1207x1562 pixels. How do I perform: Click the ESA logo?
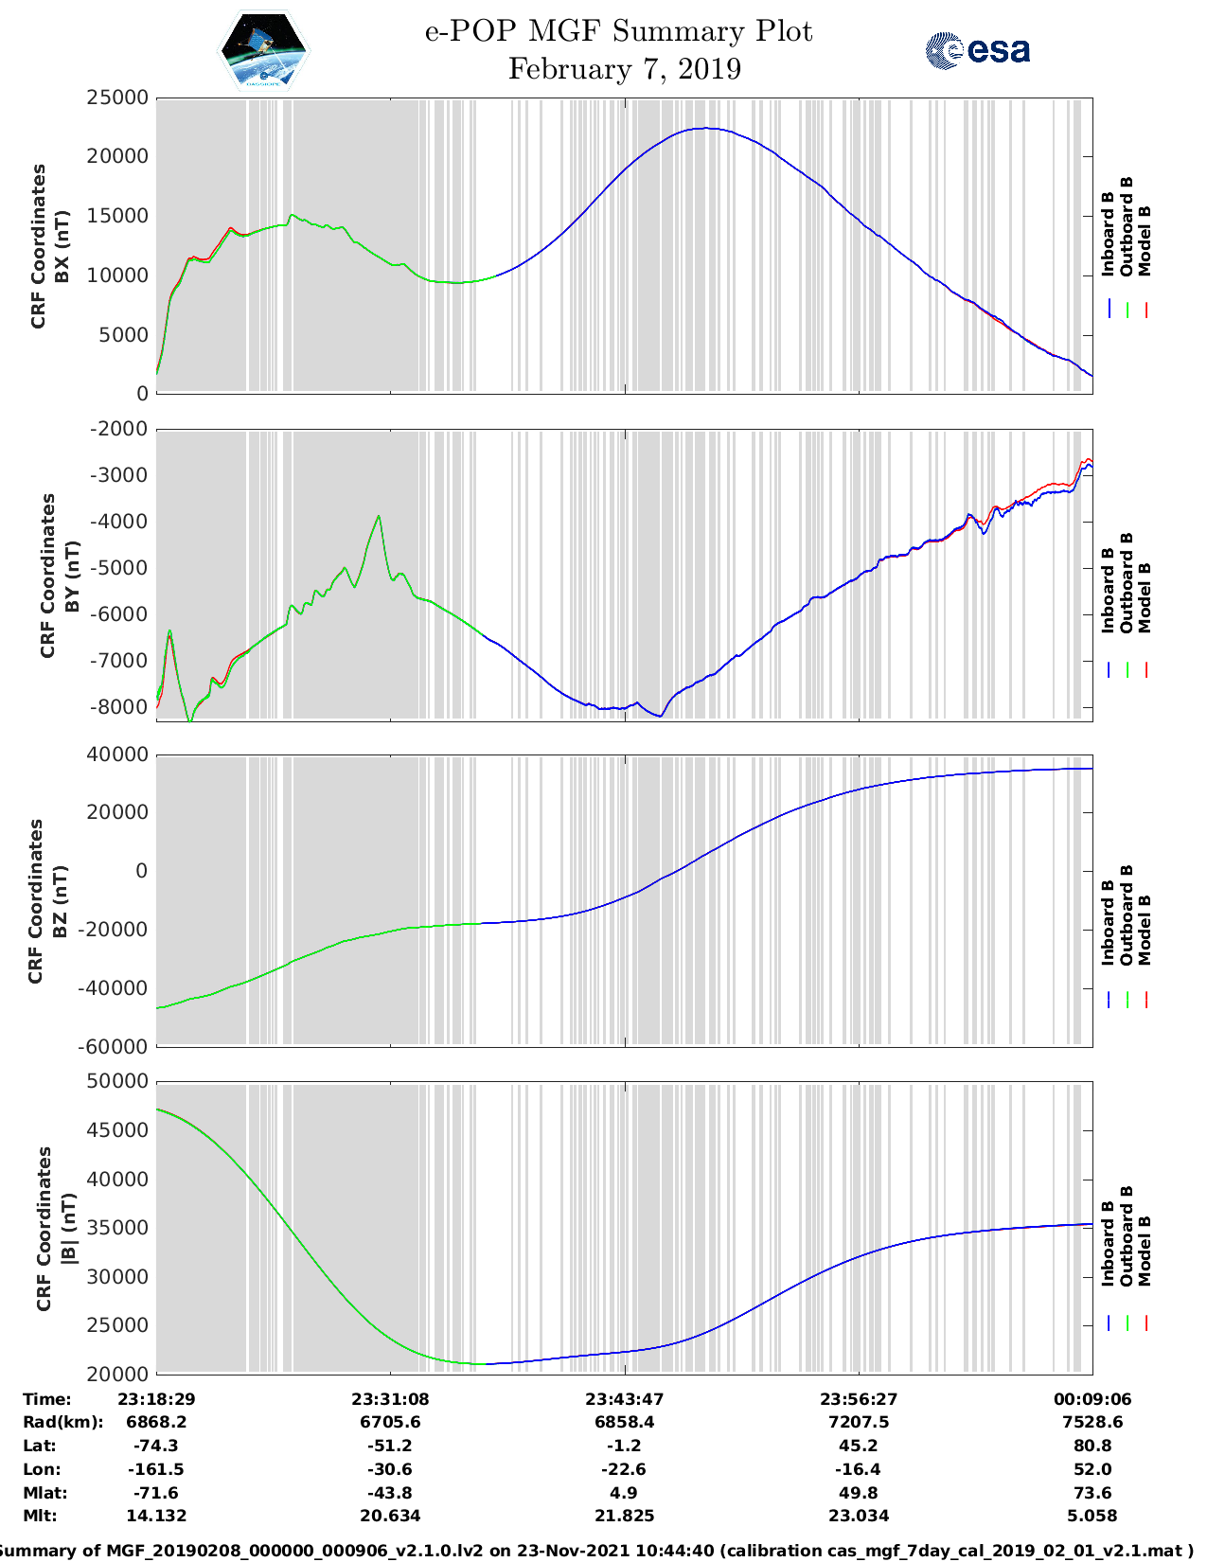click(977, 50)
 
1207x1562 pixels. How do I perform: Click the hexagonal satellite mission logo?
click(264, 50)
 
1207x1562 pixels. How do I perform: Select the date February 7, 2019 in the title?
click(624, 69)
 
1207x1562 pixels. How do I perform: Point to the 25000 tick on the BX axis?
click(117, 98)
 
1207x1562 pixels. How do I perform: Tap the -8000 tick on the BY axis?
click(119, 707)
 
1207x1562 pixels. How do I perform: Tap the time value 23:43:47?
click(624, 1399)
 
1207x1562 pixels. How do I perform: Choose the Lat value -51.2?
click(389, 1446)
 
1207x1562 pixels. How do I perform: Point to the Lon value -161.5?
click(155, 1469)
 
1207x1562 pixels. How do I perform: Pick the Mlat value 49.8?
click(858, 1493)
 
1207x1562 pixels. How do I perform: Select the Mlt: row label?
click(40, 1516)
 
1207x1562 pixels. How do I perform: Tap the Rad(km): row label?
click(62, 1422)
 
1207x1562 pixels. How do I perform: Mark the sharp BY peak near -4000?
click(379, 516)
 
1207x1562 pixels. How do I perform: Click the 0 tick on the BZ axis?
click(141, 871)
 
